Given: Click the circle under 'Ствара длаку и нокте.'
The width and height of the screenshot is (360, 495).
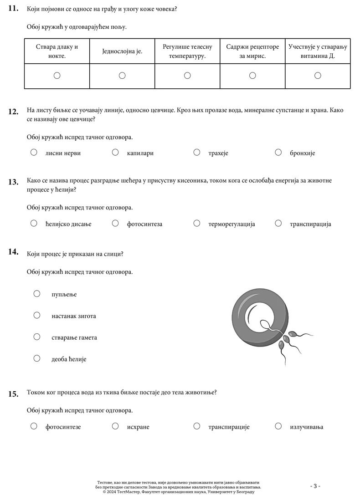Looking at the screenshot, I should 57,76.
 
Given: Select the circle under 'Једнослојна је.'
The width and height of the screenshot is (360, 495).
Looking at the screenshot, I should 122,76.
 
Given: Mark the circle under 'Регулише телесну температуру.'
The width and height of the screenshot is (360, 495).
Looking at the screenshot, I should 187,76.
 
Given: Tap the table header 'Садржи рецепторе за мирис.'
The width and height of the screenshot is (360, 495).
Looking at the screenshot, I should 252,51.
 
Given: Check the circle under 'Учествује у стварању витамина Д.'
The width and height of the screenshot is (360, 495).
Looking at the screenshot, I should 318,76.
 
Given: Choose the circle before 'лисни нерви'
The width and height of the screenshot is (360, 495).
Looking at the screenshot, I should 34,153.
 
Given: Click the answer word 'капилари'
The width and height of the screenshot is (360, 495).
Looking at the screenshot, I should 140,153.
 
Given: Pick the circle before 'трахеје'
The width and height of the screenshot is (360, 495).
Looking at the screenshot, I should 197,153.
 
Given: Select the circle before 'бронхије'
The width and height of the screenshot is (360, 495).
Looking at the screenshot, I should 278,153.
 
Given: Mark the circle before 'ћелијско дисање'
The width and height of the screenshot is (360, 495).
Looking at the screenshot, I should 34,223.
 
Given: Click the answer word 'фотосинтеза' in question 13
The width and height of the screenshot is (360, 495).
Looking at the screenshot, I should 144,224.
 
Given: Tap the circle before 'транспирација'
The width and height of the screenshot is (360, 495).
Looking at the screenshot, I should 278,223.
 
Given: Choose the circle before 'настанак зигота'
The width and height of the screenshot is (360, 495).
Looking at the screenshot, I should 37,315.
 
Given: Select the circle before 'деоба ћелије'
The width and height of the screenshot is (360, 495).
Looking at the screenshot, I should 37,358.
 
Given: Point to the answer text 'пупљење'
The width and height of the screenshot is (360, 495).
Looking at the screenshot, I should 64,295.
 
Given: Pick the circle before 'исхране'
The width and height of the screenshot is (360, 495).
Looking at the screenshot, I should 115,426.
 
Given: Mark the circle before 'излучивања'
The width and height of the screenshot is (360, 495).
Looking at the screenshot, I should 278,426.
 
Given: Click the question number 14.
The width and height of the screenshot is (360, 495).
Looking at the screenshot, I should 13,252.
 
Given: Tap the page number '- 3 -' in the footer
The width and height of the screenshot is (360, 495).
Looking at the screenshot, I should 315,486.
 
